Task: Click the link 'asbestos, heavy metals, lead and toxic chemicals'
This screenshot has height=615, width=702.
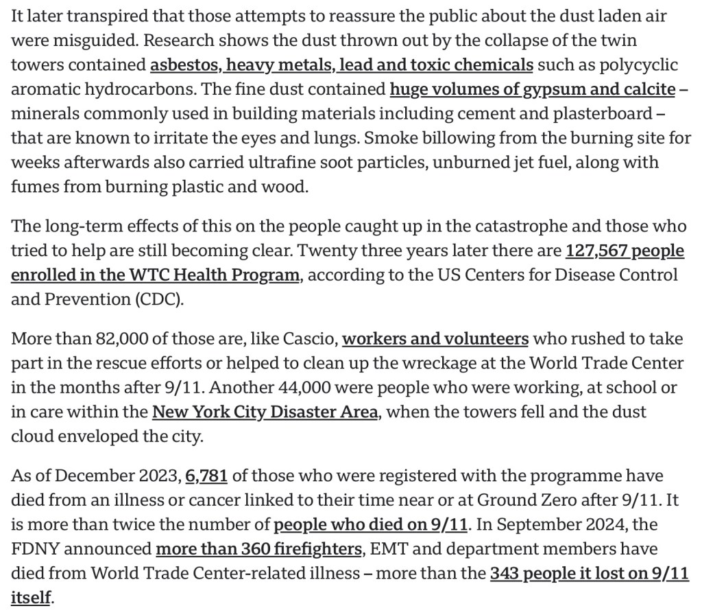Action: (341, 65)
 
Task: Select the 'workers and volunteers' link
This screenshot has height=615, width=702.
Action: (435, 339)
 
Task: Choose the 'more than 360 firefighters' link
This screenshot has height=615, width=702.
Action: (259, 550)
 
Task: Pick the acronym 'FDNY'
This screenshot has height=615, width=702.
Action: (34, 550)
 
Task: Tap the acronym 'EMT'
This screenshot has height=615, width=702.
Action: (387, 550)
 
